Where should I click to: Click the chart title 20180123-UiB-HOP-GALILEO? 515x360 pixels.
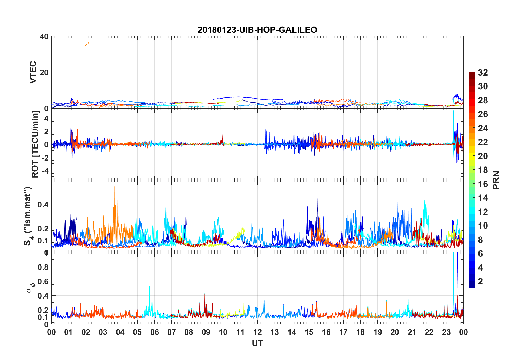click(x=257, y=30)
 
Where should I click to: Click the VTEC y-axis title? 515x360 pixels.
click(x=33, y=72)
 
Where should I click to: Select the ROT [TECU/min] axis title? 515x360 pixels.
click(x=35, y=144)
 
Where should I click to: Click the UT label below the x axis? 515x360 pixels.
click(x=257, y=343)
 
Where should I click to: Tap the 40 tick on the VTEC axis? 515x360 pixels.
click(x=44, y=37)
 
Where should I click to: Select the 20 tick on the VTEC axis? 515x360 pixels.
click(x=44, y=73)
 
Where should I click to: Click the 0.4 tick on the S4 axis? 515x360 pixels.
click(x=43, y=205)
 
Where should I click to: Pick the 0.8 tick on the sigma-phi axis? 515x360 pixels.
click(x=43, y=267)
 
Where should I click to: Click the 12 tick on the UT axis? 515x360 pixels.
click(x=257, y=332)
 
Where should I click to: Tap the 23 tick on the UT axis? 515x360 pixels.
click(x=446, y=332)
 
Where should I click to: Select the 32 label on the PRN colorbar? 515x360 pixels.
click(x=483, y=73)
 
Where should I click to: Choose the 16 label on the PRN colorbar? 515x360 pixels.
click(x=483, y=184)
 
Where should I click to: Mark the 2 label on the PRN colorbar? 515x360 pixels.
click(x=481, y=282)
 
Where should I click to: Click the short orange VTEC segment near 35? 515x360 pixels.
click(x=87, y=44)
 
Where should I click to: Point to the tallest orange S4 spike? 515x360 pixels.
click(x=115, y=187)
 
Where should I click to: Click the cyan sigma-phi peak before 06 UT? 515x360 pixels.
click(x=149, y=287)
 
